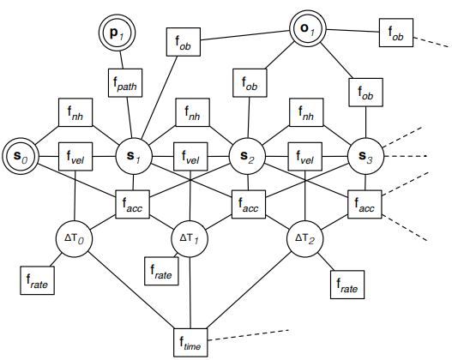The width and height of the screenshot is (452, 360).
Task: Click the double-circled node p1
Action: [x=117, y=33]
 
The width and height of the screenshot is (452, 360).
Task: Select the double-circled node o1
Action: [x=308, y=29]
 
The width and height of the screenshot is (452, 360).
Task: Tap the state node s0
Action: [x=21, y=156]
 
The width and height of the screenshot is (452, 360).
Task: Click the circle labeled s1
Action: [x=134, y=156]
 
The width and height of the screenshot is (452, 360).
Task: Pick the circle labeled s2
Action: [x=247, y=156]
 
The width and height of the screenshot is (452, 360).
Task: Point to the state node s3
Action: [x=366, y=156]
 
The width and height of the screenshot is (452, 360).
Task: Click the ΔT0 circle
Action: [x=74, y=239]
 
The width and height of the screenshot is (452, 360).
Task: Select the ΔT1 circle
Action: [x=190, y=239]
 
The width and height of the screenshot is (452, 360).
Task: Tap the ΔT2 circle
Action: [x=305, y=239]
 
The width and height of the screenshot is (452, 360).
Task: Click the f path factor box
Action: [x=125, y=82]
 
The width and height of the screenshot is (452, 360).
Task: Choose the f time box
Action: [x=190, y=343]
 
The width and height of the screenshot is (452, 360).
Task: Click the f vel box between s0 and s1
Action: [x=75, y=156]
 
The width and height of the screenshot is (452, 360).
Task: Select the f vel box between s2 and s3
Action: [x=305, y=156]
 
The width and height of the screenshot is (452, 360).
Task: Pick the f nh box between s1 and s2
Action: [x=193, y=112]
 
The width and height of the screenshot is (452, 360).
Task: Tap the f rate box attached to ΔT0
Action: [x=37, y=280]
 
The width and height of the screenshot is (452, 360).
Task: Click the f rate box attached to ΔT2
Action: [x=347, y=285]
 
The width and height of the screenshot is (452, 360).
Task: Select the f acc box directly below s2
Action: [x=249, y=204]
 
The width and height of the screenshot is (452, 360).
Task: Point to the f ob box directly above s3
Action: [x=366, y=93]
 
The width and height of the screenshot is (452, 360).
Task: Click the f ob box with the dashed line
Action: [x=396, y=33]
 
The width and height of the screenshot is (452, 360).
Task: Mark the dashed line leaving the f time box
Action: [x=248, y=335]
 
